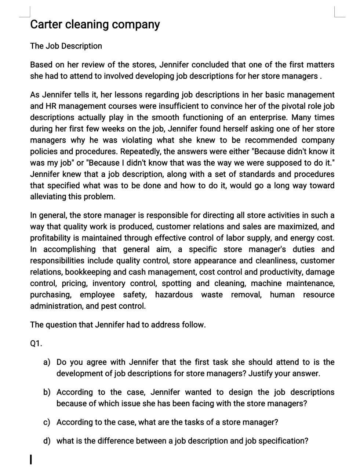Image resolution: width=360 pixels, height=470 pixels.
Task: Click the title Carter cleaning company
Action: point(95,24)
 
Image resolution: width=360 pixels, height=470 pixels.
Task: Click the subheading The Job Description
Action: point(66,46)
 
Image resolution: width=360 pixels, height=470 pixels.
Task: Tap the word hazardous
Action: point(174,295)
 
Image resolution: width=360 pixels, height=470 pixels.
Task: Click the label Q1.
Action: point(36,344)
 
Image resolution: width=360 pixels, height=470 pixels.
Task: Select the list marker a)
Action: point(47,362)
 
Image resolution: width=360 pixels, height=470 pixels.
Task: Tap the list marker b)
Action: point(47,393)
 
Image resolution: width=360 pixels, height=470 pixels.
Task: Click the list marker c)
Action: point(47,422)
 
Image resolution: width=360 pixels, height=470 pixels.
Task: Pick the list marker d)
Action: point(47,441)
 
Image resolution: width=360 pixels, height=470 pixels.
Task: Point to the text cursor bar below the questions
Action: point(32,459)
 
